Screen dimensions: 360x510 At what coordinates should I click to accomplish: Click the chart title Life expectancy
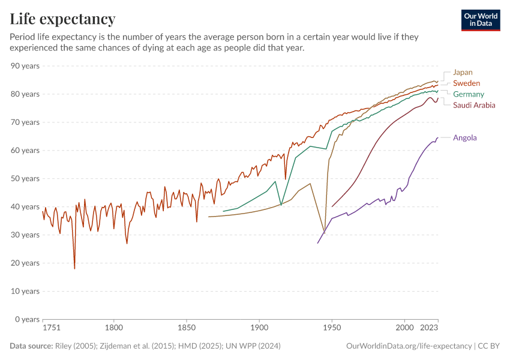point(62,19)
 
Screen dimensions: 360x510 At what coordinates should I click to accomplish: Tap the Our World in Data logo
point(481,20)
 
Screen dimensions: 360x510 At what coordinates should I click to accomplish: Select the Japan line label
point(463,73)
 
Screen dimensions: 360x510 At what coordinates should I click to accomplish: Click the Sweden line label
point(466,83)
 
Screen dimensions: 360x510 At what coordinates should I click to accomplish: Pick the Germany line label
point(468,94)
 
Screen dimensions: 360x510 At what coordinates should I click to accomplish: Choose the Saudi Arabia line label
point(474,105)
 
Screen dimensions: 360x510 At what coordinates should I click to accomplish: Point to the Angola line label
point(465,137)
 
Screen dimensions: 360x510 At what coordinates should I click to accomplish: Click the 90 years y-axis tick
point(25,66)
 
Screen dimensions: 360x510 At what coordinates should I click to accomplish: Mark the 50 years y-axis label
point(25,179)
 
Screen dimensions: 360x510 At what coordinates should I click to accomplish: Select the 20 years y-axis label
point(25,263)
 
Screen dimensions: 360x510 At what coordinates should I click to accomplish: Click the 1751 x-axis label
point(52,328)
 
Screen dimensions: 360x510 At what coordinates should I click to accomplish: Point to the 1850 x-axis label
point(187,328)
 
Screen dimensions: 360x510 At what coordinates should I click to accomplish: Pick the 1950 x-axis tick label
point(332,328)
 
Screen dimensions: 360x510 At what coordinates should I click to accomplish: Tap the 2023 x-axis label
point(430,328)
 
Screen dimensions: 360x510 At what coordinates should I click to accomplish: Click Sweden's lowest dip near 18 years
point(74,268)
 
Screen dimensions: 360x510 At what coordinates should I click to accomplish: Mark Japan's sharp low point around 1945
point(325,232)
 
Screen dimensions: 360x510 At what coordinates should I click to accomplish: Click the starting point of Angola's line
point(317,243)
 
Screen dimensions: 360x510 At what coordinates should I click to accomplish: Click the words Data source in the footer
point(31,346)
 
